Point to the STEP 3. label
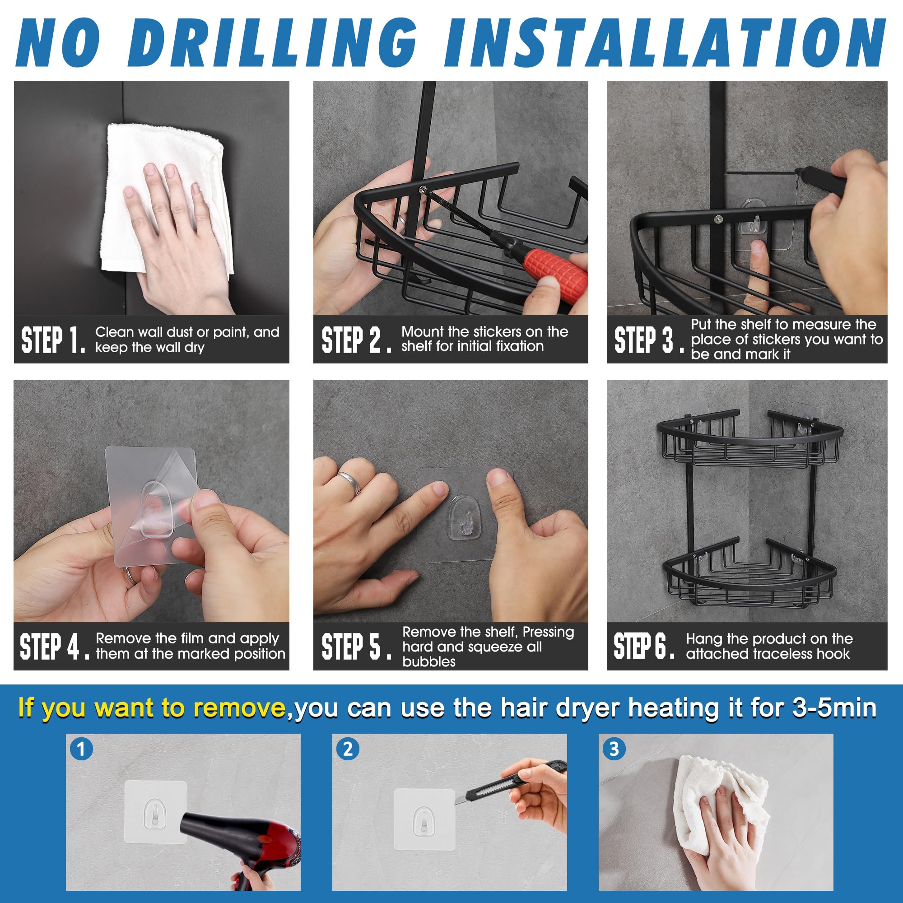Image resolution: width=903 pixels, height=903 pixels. [649, 340]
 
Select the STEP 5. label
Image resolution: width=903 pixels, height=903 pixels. [357, 647]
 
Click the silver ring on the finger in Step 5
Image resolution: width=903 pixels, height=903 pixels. [350, 481]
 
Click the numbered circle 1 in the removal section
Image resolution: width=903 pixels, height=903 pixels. [81, 749]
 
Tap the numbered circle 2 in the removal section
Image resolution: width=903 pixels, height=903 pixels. [348, 749]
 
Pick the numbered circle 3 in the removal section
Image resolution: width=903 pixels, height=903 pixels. [614, 749]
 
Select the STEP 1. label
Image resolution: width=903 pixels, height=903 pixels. [54, 340]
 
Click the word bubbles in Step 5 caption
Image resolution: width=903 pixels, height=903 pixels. [428, 662]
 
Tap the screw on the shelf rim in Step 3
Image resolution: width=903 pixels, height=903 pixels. [717, 219]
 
